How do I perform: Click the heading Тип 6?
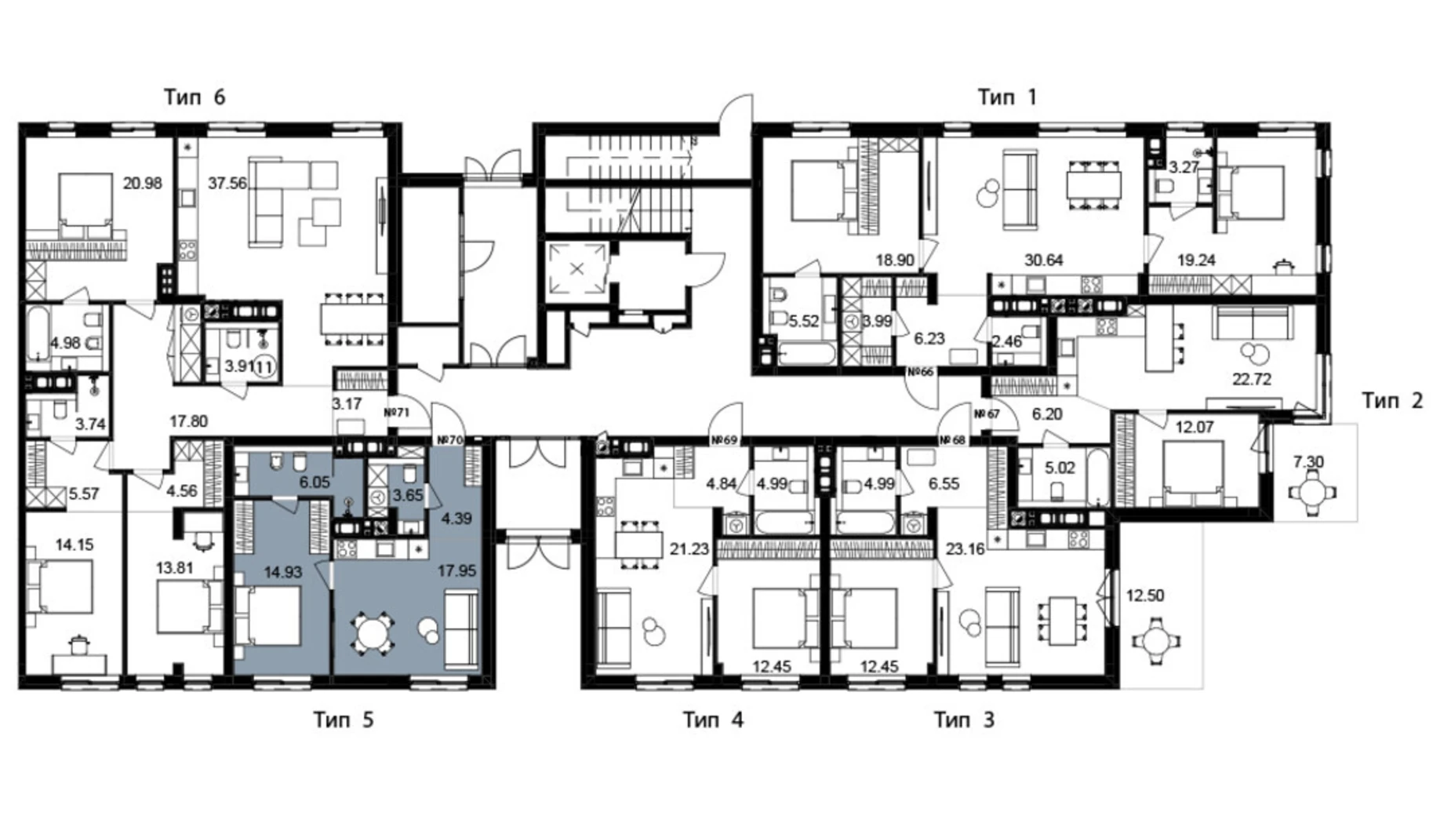click(x=195, y=97)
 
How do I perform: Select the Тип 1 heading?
click(x=1007, y=97)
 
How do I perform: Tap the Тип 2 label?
click(x=1392, y=400)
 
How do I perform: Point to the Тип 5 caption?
click(x=344, y=719)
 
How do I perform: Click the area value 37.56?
click(x=227, y=184)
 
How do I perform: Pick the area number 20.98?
click(x=142, y=184)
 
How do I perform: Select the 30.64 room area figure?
click(x=1043, y=260)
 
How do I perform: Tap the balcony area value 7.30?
click(x=1308, y=462)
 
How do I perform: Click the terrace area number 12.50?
click(x=1145, y=596)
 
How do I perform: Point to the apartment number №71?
click(x=397, y=412)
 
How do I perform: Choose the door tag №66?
click(x=920, y=372)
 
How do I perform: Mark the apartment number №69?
click(x=724, y=440)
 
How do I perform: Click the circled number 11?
click(x=264, y=366)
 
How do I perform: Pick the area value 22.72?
click(x=1252, y=380)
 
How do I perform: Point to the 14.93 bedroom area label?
click(x=282, y=572)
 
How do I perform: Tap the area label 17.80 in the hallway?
click(x=189, y=421)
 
